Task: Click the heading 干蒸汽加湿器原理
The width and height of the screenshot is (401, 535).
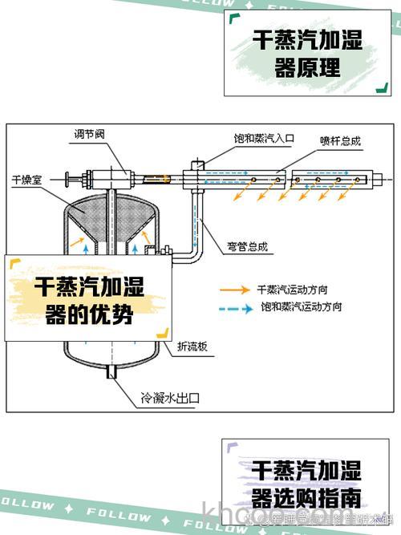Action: pos(307,53)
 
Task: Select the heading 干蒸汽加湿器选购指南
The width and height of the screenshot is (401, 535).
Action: pos(306,481)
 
